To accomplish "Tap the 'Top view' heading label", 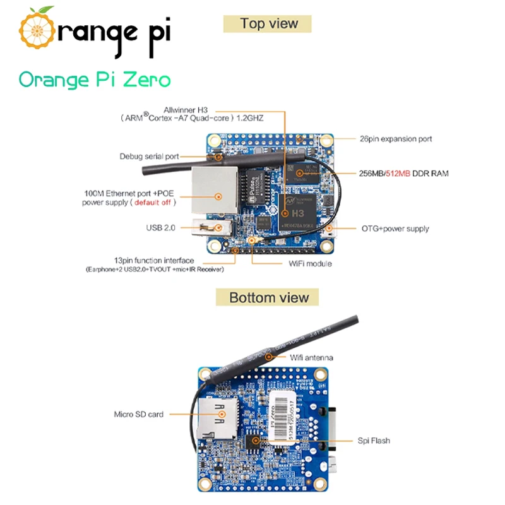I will pos(268,24).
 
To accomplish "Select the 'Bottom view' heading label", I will pos(268,297).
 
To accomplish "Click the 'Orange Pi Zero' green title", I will pos(94,80).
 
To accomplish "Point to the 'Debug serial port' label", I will pos(149,156).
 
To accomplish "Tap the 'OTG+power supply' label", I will pos(395,229).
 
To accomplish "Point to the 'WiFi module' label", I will pos(310,263).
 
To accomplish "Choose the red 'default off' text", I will pos(155,203).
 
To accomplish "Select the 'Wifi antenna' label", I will pos(311,358).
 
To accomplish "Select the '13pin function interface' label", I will pos(154,261).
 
